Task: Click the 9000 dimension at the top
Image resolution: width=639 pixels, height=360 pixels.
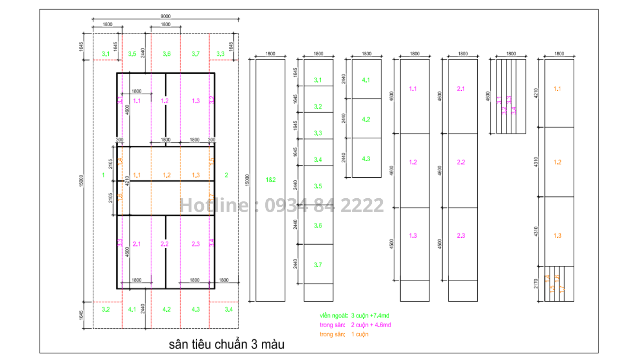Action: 166,16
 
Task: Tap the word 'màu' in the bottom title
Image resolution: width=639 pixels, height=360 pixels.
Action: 272,344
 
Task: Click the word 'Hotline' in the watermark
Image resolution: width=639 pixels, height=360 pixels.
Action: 214,205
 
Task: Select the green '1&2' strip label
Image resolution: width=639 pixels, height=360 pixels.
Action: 270,180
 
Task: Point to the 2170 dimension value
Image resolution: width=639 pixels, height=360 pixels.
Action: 536,284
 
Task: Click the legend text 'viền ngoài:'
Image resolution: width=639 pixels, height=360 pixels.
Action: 334,316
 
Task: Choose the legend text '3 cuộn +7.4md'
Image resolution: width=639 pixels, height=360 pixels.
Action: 370,316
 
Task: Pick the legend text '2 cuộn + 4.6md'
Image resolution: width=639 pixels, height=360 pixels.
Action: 371,325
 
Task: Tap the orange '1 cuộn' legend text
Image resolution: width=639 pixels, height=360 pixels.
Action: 360,334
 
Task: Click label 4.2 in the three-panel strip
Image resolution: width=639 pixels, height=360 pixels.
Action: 366,119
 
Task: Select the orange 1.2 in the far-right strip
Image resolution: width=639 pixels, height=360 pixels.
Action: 558,162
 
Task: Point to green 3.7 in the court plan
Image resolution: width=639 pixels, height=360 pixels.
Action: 196,54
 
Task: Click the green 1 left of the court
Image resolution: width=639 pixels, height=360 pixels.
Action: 103,175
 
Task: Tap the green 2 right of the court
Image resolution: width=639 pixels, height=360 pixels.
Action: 226,175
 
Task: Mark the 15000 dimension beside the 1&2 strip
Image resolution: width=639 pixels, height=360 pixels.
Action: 247,180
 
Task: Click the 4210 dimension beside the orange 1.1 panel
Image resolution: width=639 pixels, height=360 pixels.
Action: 536,93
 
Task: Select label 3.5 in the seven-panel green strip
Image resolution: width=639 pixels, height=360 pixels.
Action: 318,186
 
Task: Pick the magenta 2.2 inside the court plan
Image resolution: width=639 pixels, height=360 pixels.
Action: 164,244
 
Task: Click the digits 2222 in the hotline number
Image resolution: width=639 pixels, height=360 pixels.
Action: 362,205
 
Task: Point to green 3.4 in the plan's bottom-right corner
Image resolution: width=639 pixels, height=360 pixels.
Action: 228,309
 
